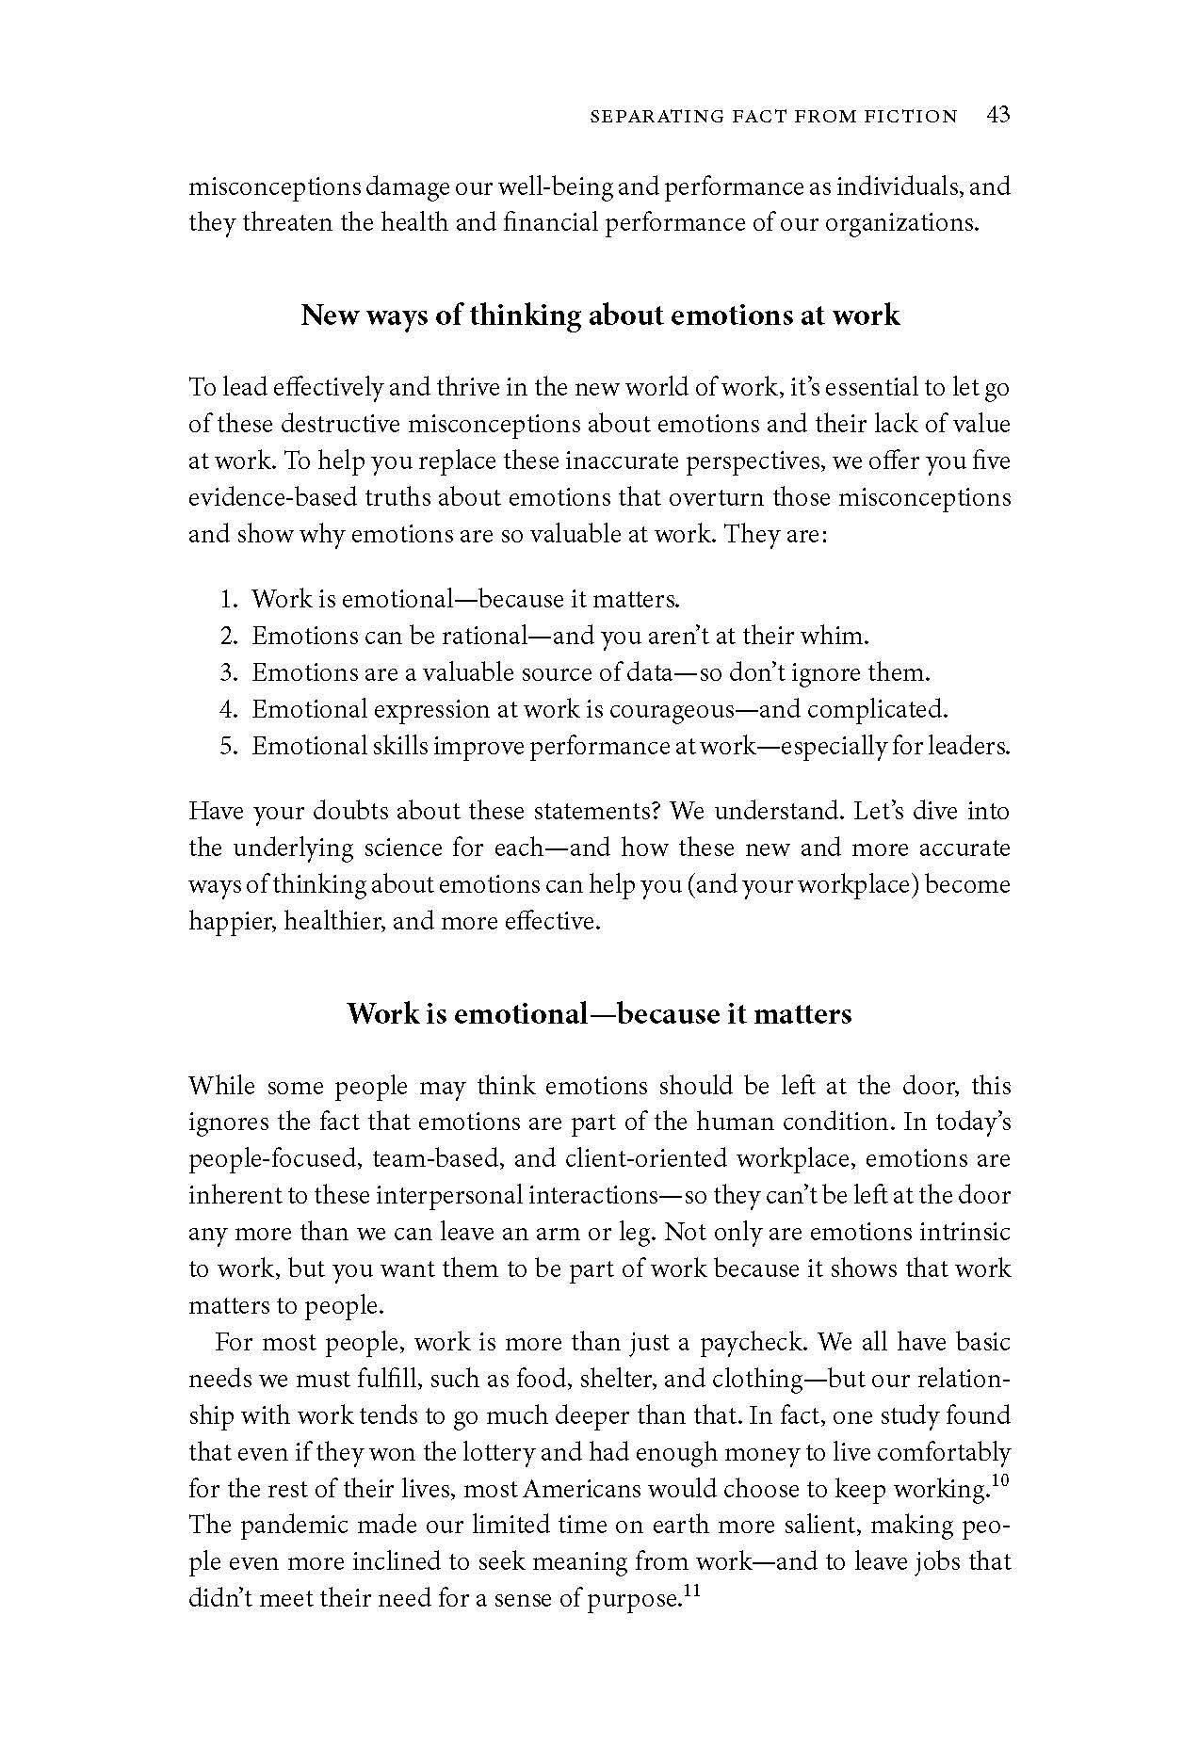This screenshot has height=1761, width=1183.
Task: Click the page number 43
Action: (998, 115)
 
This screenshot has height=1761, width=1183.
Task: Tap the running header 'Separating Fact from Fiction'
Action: (772, 117)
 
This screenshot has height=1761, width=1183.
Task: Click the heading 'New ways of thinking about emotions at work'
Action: (600, 315)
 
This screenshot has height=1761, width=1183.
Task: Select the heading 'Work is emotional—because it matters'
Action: (599, 1013)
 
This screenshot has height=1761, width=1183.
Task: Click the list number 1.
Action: (227, 599)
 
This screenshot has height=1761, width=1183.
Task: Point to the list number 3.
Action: (227, 672)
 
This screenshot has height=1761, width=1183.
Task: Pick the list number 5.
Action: (227, 746)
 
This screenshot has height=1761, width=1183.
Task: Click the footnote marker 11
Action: (693, 1591)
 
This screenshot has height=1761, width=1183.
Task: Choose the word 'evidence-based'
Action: (266, 497)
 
